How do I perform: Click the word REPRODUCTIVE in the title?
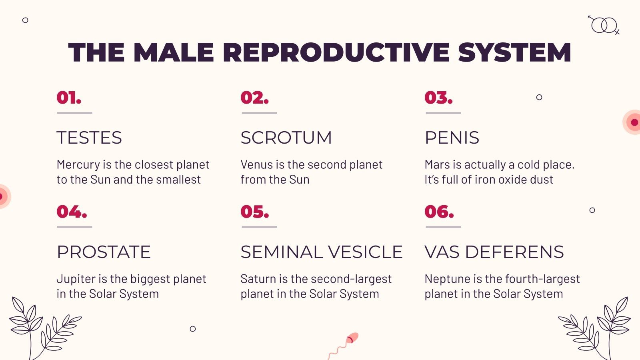click(336, 52)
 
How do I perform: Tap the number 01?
click(69, 98)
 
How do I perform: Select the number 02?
click(254, 98)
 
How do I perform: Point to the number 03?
click(438, 98)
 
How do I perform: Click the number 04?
click(72, 212)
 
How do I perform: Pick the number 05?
click(254, 212)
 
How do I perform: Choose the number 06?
click(439, 212)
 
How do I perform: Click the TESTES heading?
click(89, 138)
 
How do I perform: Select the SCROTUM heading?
click(286, 138)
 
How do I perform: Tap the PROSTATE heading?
click(104, 252)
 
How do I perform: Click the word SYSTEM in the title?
click(514, 52)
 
